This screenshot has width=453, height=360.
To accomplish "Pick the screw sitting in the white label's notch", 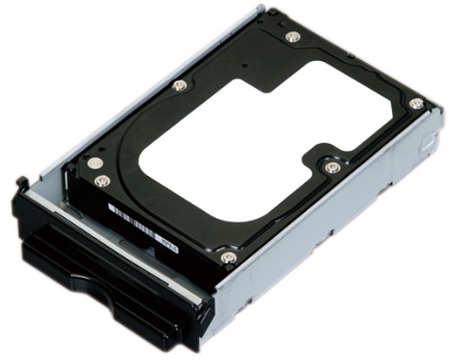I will [x=330, y=166].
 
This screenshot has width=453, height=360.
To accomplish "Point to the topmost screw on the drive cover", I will [x=293, y=37].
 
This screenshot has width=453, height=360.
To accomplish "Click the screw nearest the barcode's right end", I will [x=228, y=257].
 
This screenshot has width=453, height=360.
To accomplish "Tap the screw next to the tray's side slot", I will [x=416, y=104].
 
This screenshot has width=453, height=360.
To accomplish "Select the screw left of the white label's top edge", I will [x=179, y=85].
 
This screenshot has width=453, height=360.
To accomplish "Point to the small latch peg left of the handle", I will [x=19, y=182].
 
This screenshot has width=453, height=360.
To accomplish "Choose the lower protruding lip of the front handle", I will [x=105, y=296].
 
